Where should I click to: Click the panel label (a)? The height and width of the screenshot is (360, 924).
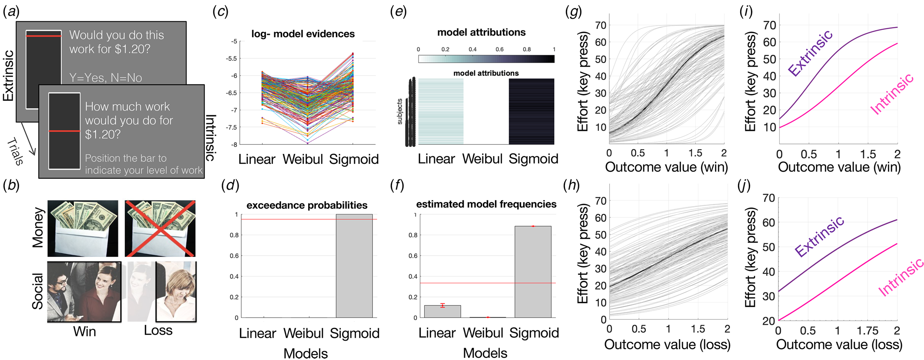(11, 12)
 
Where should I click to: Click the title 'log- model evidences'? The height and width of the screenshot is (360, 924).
(303, 34)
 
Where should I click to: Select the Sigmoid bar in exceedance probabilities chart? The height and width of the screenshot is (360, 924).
(354, 266)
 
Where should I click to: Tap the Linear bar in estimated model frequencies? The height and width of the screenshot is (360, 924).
(442, 311)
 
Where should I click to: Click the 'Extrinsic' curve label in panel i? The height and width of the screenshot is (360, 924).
(810, 53)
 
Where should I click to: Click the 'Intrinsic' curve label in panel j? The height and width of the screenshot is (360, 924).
(901, 277)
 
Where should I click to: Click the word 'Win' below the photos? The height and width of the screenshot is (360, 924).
(84, 331)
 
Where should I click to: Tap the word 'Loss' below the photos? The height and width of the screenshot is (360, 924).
(158, 330)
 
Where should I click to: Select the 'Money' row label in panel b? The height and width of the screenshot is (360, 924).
(38, 228)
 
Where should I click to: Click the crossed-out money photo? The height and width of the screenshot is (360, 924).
(160, 228)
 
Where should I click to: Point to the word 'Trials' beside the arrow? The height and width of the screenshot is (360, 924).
(15, 151)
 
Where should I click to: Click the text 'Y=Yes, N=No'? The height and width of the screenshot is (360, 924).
(106, 78)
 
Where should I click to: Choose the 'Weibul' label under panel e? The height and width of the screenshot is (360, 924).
(482, 159)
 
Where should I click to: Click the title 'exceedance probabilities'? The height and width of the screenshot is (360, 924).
(307, 205)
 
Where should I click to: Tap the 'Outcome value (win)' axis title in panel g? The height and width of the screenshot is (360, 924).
(666, 167)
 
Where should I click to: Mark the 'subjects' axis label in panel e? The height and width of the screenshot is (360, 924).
(400, 111)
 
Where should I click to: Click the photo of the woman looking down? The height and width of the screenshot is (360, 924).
(176, 291)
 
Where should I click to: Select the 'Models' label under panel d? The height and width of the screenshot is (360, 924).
(306, 353)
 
